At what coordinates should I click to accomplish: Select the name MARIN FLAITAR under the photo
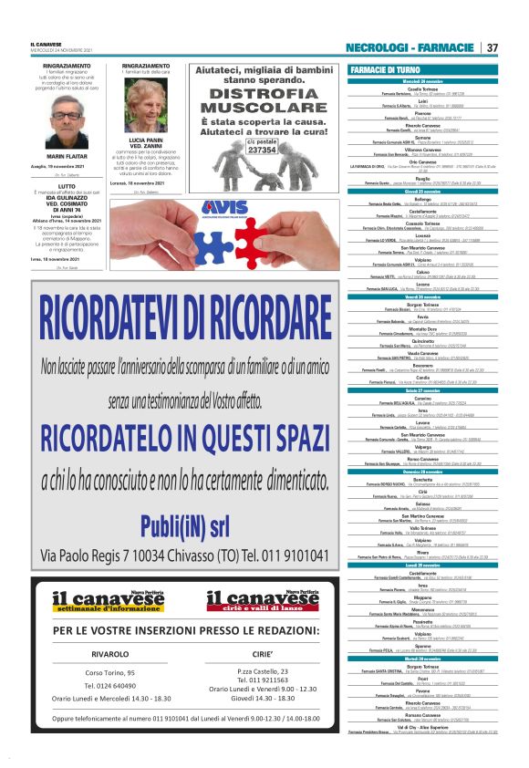pyautogui.click(x=66, y=156)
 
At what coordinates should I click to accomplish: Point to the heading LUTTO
pyautogui.click(x=66, y=186)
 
